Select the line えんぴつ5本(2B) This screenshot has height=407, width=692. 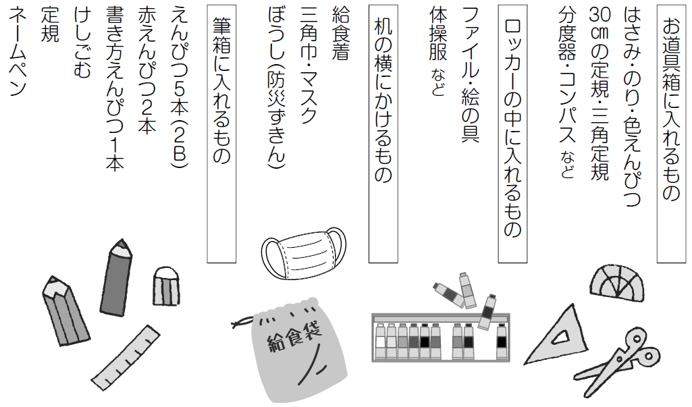coord(180,84)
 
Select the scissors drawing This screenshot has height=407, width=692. coord(624,362)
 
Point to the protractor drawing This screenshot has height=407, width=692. coord(616,281)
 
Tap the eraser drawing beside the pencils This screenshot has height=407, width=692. coord(165,287)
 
